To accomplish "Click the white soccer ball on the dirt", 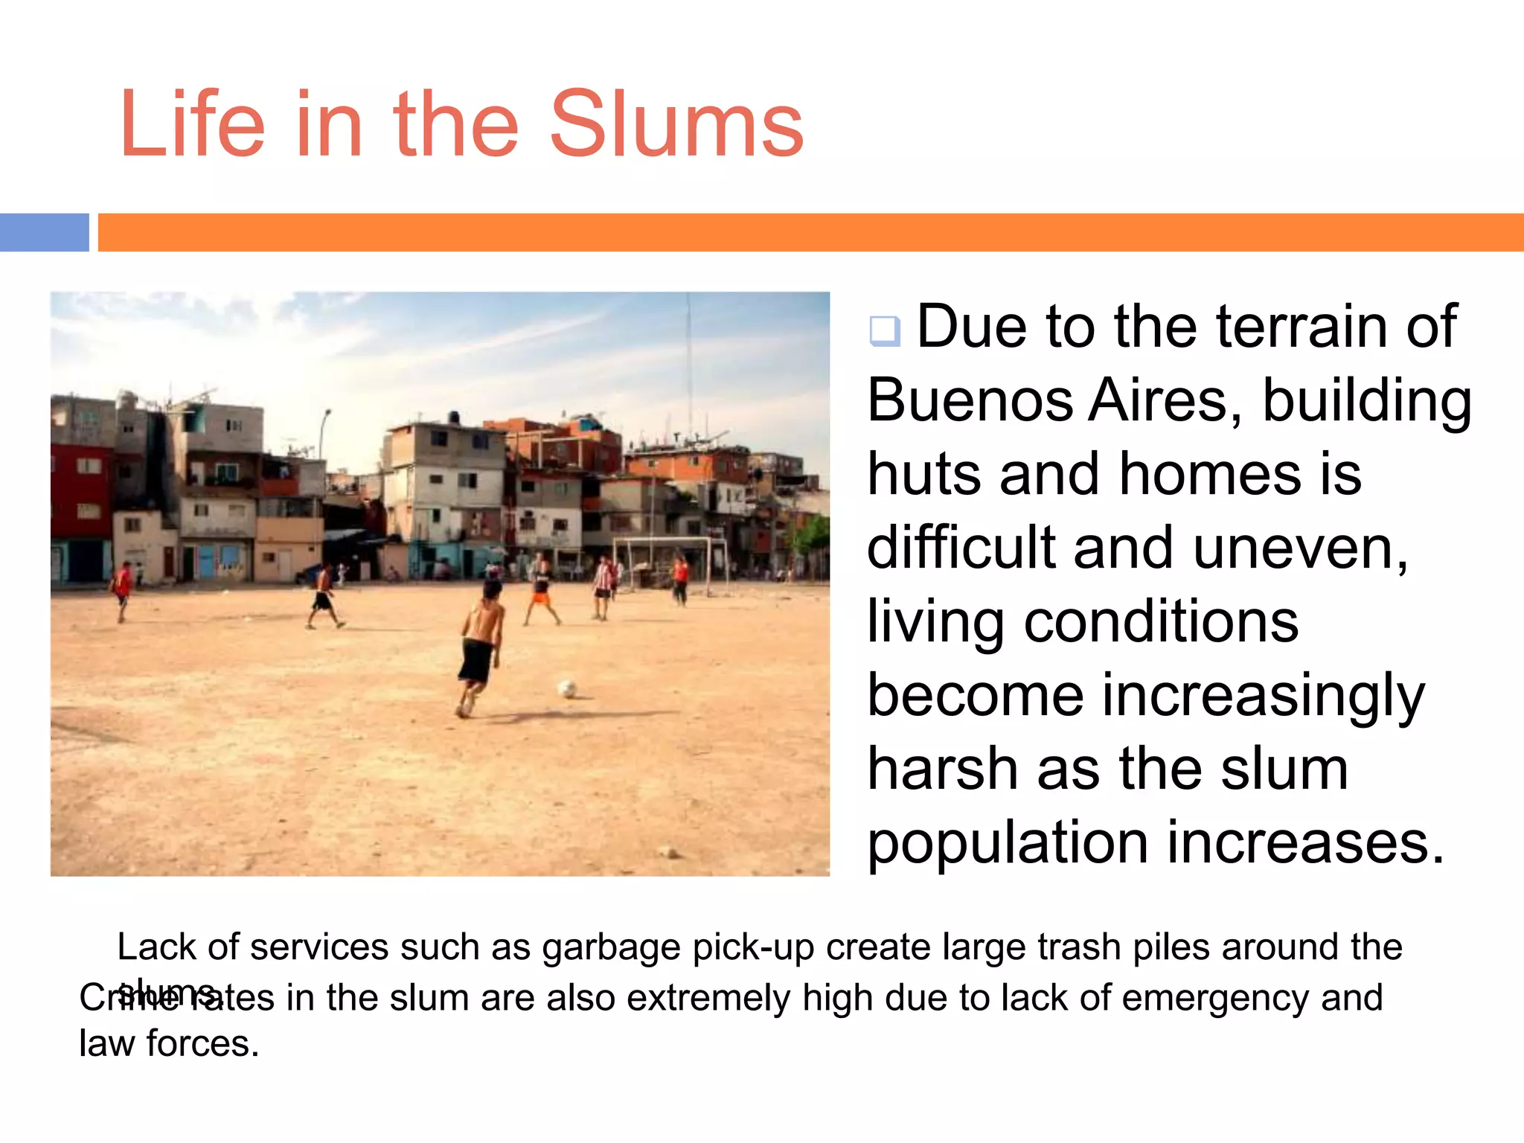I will pos(567,688).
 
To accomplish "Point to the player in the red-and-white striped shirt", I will pos(603,584).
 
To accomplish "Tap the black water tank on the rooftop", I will pos(453,417).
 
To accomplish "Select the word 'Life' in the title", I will pos(192,125).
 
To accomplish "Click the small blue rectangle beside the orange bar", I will pos(44,232).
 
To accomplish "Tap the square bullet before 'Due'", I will pos(885,330).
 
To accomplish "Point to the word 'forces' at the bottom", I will pos(202,1043).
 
